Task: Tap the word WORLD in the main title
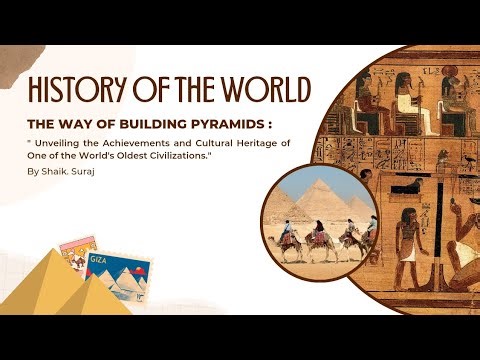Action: [261, 90]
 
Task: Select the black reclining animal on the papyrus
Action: [406, 186]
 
